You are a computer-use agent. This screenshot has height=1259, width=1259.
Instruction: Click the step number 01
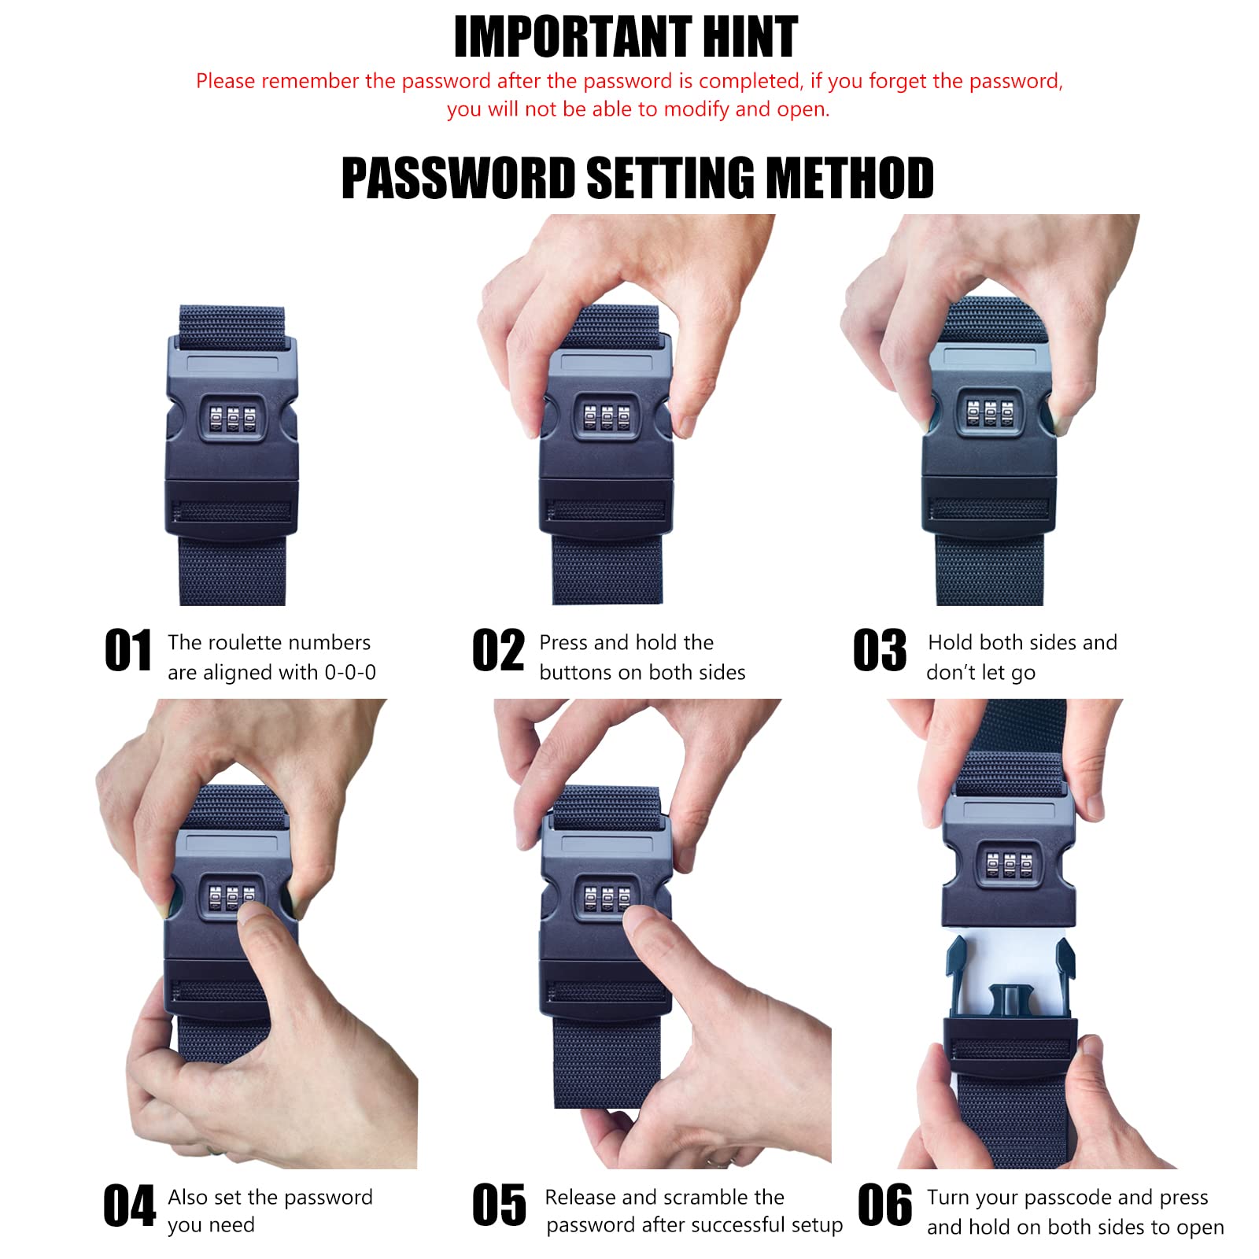click(128, 651)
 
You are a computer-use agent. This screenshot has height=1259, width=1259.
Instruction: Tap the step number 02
click(498, 651)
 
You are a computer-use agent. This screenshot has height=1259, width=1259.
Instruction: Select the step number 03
click(881, 651)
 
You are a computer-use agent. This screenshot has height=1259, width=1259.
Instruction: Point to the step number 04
click(130, 1205)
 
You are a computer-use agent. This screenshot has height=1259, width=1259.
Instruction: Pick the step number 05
click(499, 1205)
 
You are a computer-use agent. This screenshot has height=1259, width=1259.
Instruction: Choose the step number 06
click(885, 1205)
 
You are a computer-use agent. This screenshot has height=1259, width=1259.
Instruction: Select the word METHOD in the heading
click(850, 178)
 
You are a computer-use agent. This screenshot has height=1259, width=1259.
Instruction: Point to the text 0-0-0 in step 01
click(350, 672)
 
